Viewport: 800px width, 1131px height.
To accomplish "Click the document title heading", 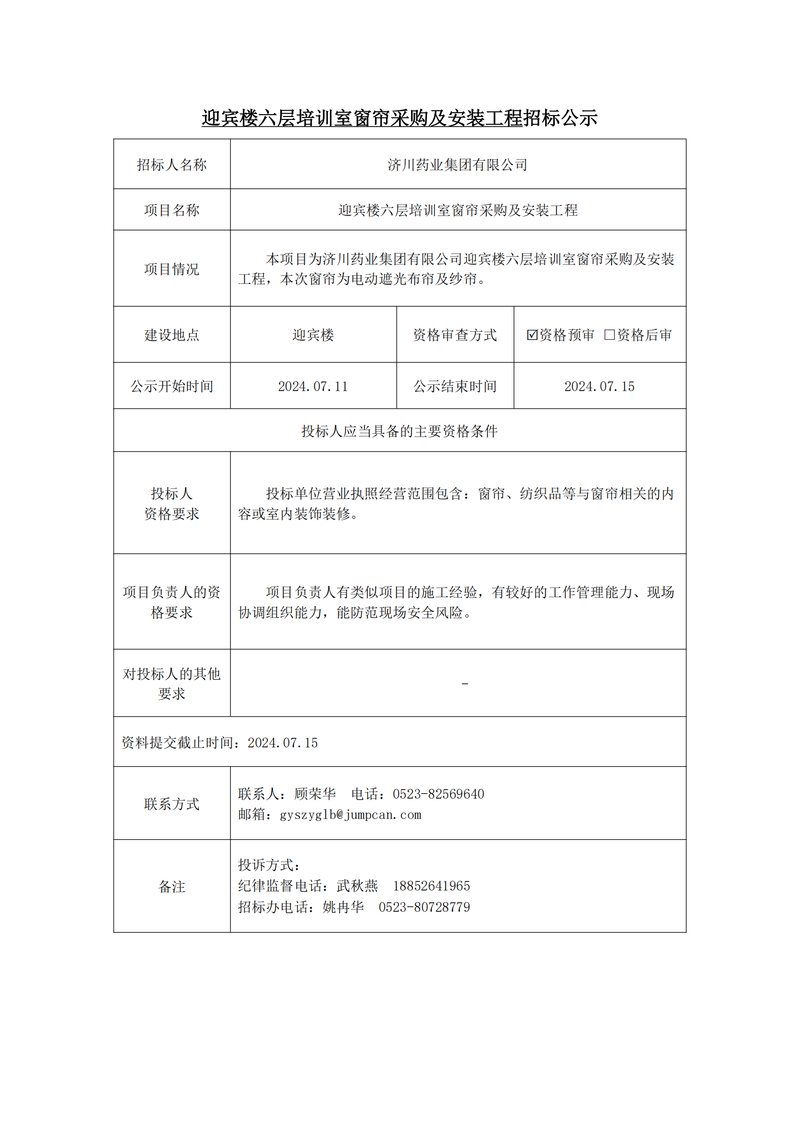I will [400, 118].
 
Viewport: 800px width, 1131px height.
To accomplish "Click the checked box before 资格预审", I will [532, 335].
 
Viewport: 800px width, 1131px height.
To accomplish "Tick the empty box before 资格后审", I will [609, 335].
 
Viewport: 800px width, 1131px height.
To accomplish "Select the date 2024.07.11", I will [313, 387].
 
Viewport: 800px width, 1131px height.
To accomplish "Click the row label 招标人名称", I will [171, 165].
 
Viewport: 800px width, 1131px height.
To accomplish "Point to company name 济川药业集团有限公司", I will [458, 165].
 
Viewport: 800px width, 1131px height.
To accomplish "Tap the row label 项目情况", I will [171, 269].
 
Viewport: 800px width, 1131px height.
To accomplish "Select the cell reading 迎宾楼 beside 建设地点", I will [313, 336].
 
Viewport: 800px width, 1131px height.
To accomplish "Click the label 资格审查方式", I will [455, 336].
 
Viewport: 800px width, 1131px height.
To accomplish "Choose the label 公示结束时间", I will [455, 387].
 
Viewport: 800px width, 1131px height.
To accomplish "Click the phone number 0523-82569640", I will [438, 794].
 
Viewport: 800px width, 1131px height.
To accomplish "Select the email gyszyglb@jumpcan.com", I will [350, 815].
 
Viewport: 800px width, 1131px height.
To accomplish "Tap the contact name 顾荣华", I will [315, 794].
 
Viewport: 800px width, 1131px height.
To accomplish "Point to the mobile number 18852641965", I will [431, 886].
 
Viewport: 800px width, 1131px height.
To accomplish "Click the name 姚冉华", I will [343, 907].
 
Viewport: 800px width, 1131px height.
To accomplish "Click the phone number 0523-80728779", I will [425, 907].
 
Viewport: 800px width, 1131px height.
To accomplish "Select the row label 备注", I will [171, 887].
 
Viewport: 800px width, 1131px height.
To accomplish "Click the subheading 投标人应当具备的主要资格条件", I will [400, 431].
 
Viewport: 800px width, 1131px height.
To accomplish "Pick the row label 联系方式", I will [171, 805].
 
